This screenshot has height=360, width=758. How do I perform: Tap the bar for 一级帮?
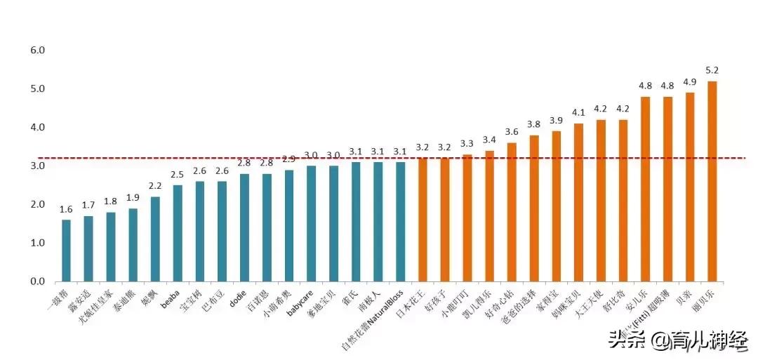pyautogui.click(x=66, y=251)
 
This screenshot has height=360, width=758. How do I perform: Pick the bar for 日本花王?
pyautogui.click(x=423, y=220)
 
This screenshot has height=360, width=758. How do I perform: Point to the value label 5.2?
pyautogui.click(x=712, y=71)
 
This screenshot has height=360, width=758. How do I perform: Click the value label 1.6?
pyautogui.click(x=66, y=209)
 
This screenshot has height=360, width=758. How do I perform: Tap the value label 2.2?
pyautogui.click(x=155, y=186)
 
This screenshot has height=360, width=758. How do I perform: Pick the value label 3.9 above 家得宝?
pyautogui.click(x=556, y=121)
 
